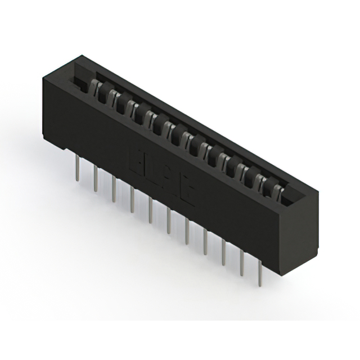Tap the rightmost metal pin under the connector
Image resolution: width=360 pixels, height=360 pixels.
click(260, 276)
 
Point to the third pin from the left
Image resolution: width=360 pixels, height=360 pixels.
click(114, 189)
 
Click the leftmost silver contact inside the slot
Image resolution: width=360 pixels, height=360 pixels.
click(96, 87)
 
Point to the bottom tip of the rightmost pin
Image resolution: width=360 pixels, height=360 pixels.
click(260, 286)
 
